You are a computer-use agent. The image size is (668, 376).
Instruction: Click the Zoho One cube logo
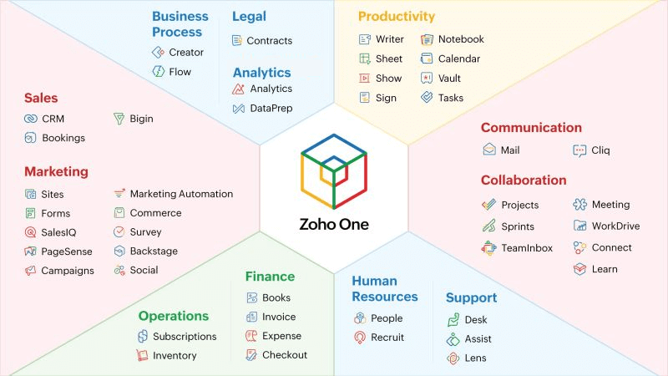pos(334,171)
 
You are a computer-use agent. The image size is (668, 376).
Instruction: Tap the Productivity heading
pos(396,16)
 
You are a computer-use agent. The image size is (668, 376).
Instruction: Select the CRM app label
pos(53,119)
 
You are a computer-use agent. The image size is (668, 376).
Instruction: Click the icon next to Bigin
pos(119,119)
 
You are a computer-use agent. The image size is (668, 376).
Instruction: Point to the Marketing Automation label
pos(181,194)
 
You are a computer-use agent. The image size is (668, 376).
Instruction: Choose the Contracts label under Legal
pos(269,40)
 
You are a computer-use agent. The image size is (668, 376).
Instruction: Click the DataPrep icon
pos(239,109)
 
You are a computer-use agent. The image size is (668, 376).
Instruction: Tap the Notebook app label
pos(461,39)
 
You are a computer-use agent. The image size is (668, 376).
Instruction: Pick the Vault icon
pos(427,78)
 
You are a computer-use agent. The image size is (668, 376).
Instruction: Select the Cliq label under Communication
pos(600,150)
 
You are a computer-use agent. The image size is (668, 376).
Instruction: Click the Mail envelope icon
pos(489,150)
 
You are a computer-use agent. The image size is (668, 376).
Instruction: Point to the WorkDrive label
pos(615,226)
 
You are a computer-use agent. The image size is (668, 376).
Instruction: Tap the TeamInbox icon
pos(488,248)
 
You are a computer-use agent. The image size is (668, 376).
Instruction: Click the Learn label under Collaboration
pos(605,269)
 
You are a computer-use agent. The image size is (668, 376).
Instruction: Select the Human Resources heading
pos(385,288)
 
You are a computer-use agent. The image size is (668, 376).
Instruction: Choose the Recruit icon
pos(360,338)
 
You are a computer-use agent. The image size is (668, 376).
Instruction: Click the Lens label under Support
pos(475,358)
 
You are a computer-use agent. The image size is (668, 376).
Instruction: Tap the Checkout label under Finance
pos(285,354)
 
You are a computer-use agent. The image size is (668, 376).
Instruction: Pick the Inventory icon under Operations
pos(142,355)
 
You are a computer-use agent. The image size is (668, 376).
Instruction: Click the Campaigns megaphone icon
pos(30,271)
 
